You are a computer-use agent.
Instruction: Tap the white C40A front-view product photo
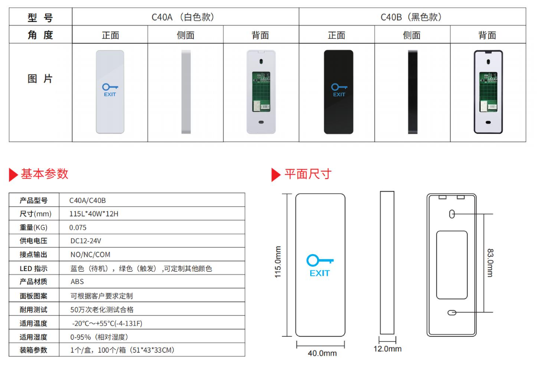pyautogui.click(x=110, y=92)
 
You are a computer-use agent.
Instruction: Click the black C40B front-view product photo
pyautogui.click(x=339, y=92)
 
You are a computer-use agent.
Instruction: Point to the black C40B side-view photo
pyautogui.click(x=413, y=92)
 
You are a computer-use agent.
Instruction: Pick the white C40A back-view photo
pyautogui.click(x=261, y=92)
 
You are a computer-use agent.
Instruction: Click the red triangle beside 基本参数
pyautogui.click(x=13, y=175)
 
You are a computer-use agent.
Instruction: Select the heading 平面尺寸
pyautogui.click(x=307, y=174)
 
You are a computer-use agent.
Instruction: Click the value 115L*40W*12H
pyautogui.click(x=94, y=214)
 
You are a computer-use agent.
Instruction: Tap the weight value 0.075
pyautogui.click(x=78, y=227)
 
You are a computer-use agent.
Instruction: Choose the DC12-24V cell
pyautogui.click(x=86, y=241)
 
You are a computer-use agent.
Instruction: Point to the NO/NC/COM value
pyautogui.click(x=90, y=254)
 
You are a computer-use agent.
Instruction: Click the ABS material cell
pyautogui.click(x=78, y=282)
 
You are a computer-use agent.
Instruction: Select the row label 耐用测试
pyautogui.click(x=33, y=309)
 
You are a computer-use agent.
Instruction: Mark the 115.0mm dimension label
pyautogui.click(x=278, y=262)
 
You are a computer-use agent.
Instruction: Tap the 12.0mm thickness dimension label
pyautogui.click(x=387, y=349)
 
